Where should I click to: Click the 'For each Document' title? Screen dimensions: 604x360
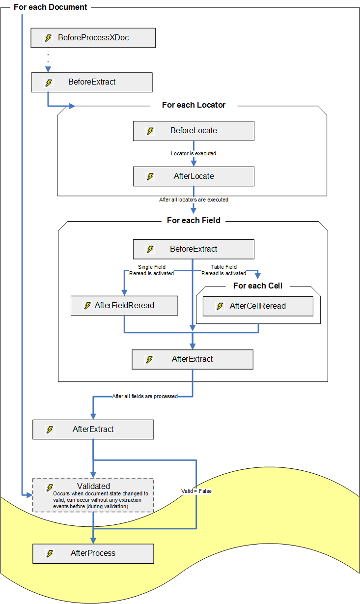[x=50, y=7]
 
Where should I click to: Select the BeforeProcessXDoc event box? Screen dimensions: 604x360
[x=93, y=38]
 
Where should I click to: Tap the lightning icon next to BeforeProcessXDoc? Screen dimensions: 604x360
[x=48, y=38]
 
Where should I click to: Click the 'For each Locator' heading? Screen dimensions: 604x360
[x=194, y=105]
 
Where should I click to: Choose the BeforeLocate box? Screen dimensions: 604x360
[x=194, y=131]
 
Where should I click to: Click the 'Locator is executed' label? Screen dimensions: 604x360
[x=194, y=153]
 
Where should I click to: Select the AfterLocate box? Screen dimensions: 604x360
[x=194, y=176]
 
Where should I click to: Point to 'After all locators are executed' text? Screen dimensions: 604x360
[x=194, y=200]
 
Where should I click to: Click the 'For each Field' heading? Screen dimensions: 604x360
[x=194, y=220]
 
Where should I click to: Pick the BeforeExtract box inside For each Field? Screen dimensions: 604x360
[x=194, y=249]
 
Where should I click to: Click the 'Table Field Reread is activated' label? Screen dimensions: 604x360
[x=223, y=270]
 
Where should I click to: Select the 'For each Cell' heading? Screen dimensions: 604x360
[x=257, y=286]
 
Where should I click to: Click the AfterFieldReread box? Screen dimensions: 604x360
[x=124, y=306]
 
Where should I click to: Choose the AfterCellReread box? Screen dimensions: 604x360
[x=257, y=306]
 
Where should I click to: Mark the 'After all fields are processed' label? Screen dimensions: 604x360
[x=145, y=396]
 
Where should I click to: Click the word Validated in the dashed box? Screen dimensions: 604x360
[x=93, y=486]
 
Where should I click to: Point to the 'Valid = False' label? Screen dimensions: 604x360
[x=196, y=491]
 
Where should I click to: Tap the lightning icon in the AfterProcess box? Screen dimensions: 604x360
[x=50, y=553]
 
